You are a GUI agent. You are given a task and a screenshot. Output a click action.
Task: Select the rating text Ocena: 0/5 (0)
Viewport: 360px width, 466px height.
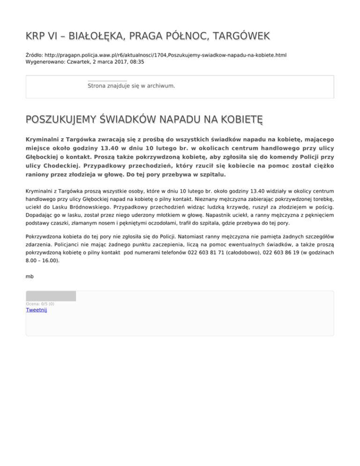[x=40, y=304]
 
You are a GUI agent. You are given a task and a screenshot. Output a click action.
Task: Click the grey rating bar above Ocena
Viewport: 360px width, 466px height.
[x=51, y=296]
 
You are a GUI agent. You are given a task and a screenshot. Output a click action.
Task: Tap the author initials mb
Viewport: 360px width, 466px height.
[x=30, y=277]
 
